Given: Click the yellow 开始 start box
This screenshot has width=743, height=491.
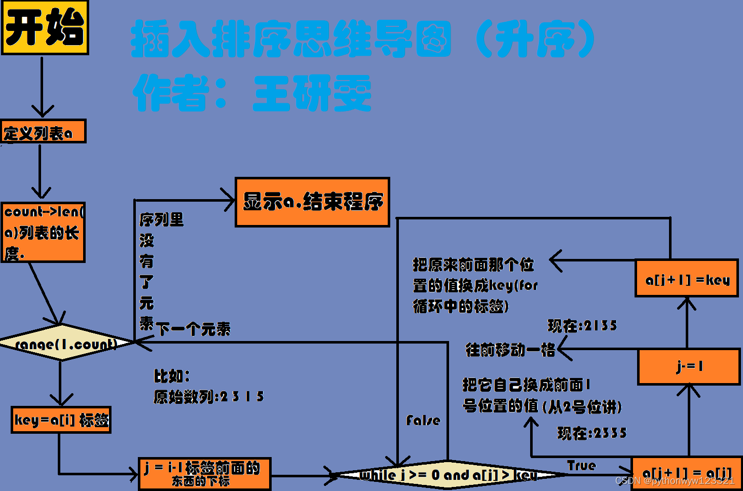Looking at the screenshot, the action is [x=45, y=27].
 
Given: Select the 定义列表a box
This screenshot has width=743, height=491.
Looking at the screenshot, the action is [x=43, y=132].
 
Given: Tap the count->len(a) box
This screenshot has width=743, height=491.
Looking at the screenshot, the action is [x=43, y=232].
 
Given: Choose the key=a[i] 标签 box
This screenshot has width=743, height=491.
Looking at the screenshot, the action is [x=61, y=420].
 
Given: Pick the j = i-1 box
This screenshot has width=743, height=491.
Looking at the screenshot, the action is [x=205, y=474].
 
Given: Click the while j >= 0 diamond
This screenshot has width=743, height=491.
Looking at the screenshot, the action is [x=448, y=475].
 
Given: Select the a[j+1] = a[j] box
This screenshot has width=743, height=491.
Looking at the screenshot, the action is [x=686, y=473].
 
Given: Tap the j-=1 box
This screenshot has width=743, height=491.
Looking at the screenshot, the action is [x=689, y=366].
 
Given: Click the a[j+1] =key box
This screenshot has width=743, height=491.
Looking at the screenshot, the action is [x=687, y=279].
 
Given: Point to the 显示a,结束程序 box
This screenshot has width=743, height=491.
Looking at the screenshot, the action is [x=312, y=202].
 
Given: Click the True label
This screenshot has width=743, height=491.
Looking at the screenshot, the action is [x=581, y=465].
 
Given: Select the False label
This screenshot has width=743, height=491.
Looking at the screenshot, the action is [x=423, y=420].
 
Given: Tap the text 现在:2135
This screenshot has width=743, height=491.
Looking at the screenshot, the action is [x=582, y=325].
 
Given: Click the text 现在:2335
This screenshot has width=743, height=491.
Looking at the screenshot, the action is [x=592, y=433].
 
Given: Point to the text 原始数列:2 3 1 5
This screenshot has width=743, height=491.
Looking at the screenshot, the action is [x=209, y=396].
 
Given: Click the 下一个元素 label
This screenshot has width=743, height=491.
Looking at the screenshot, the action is [x=193, y=329].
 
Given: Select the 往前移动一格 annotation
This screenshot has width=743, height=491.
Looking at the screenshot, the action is [x=510, y=350].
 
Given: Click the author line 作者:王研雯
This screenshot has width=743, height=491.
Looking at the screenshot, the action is [x=252, y=93].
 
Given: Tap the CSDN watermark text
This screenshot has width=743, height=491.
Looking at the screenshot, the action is [x=675, y=480].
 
